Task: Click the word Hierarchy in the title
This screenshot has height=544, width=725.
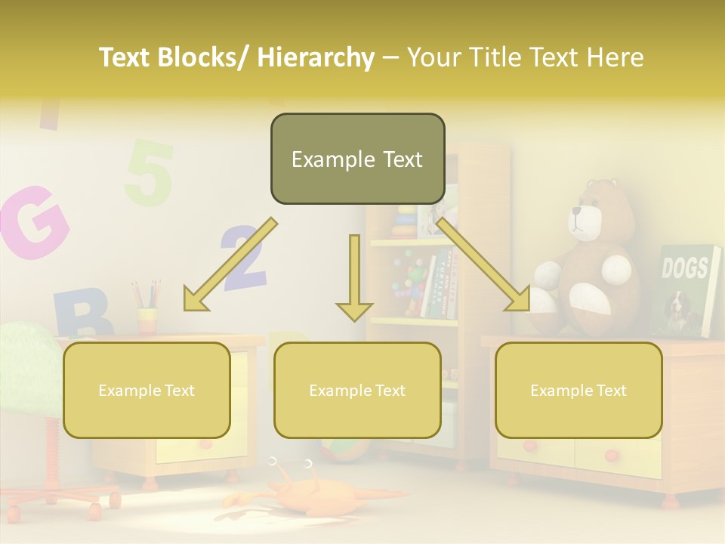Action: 316,57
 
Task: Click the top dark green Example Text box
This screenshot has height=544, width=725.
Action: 357,159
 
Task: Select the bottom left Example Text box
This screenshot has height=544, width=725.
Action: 147,390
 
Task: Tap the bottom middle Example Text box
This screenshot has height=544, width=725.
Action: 357,390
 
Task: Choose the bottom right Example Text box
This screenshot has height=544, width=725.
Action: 578,390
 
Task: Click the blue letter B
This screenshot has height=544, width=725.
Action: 82,313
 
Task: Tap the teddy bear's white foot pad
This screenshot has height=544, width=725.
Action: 591,298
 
